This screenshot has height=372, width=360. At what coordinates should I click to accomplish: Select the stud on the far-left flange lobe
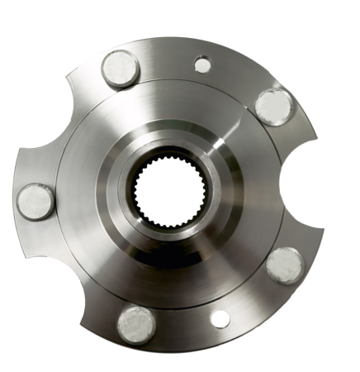[x=36, y=202]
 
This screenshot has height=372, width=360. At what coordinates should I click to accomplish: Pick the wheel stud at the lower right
[x=286, y=264]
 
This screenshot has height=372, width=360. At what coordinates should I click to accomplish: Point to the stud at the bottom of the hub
[x=136, y=323]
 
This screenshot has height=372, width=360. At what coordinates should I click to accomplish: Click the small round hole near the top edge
[x=202, y=64]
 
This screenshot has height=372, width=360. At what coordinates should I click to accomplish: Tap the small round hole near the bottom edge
[x=220, y=318]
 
